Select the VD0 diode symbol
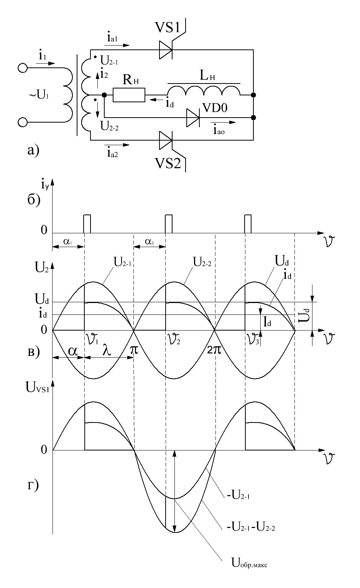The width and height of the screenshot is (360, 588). [192, 118]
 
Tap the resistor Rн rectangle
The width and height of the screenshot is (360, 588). [129, 95]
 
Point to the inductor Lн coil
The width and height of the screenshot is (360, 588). [204, 90]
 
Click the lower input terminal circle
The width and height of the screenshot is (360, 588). [22, 122]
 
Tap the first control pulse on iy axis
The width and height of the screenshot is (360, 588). [87, 224]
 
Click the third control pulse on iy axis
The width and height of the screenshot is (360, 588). [248, 224]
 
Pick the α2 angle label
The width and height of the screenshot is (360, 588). [150, 242]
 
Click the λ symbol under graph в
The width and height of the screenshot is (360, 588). [107, 350]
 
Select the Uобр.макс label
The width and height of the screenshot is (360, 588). [249, 563]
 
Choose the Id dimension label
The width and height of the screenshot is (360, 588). [267, 321]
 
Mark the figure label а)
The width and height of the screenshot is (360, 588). [33, 151]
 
